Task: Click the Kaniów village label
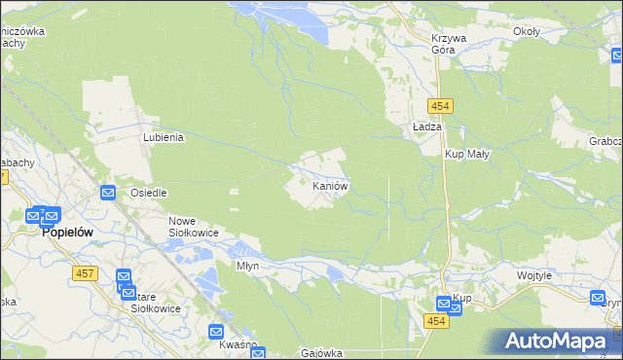pyautogui.click(x=329, y=185)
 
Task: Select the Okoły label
pyautogui.click(x=526, y=31)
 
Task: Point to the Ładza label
pyautogui.click(x=427, y=127)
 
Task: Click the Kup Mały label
pyautogui.click(x=467, y=154)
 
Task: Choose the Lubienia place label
pyautogui.click(x=164, y=138)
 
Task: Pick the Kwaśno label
pyautogui.click(x=238, y=346)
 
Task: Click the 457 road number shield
pyautogui.click(x=83, y=274)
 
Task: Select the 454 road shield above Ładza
pyautogui.click(x=436, y=105)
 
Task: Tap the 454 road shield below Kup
pyautogui.click(x=436, y=320)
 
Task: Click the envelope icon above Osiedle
pyautogui.click(x=108, y=193)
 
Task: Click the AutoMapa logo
pyautogui.click(x=560, y=342)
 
